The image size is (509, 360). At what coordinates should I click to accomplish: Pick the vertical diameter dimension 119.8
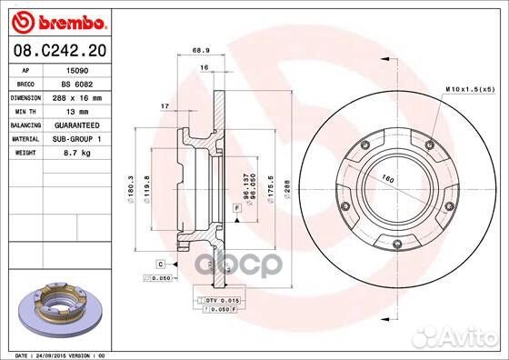(x=159, y=186)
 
